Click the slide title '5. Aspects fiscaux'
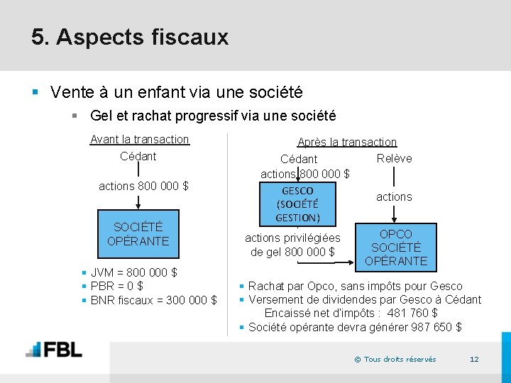click(x=130, y=37)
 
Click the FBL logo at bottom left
click(x=54, y=350)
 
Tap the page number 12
click(x=474, y=359)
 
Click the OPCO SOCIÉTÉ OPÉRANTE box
click(x=395, y=248)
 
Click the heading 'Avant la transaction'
click(x=140, y=140)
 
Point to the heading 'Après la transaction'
click(x=347, y=143)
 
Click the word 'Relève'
click(x=394, y=158)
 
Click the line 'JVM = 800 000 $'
click(x=134, y=272)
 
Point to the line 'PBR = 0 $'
click(x=117, y=286)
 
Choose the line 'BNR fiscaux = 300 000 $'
click(x=154, y=300)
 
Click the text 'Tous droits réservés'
click(x=400, y=360)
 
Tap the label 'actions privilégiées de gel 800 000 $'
click(x=292, y=245)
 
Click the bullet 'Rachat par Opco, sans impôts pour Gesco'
click(x=355, y=286)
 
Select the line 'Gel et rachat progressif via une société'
click(x=213, y=116)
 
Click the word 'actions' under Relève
click(x=394, y=196)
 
